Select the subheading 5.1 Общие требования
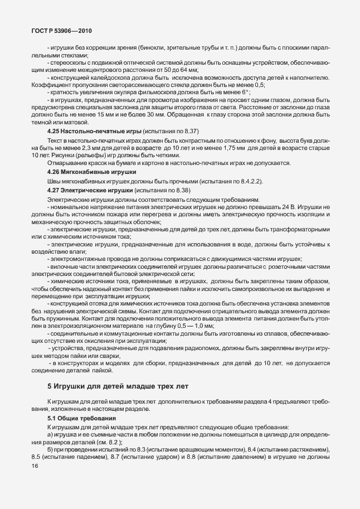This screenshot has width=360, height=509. click(81, 418)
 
